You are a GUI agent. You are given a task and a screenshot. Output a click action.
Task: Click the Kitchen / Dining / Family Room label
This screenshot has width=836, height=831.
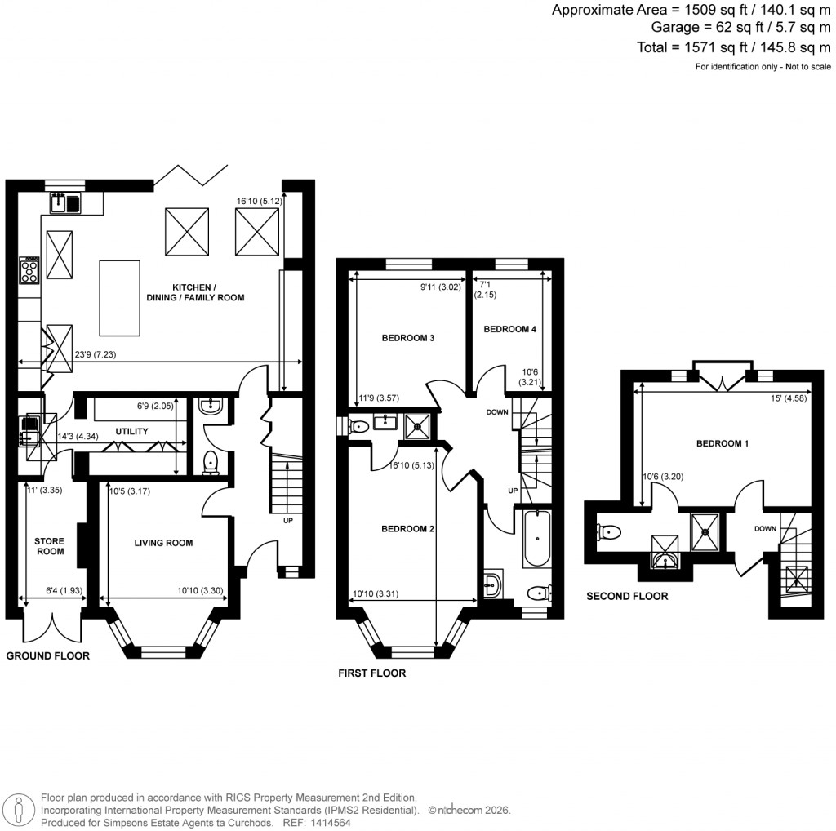[207, 292]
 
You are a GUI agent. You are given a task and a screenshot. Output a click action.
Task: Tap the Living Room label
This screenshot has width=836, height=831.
[164, 543]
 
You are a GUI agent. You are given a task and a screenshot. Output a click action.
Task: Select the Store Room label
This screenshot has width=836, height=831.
[49, 545]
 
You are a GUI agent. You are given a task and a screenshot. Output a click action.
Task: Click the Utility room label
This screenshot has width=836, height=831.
[130, 429]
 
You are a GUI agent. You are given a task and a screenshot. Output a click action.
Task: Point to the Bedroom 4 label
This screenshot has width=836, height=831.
[509, 330]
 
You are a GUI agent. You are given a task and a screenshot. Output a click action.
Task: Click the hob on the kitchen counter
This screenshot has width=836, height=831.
[29, 270]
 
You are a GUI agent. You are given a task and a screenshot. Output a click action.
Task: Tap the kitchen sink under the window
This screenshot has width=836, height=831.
[64, 201]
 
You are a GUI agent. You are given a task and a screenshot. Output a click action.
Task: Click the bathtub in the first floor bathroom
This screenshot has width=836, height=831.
[537, 540]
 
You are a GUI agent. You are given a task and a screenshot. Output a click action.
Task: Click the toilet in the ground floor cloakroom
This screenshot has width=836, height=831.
[211, 461]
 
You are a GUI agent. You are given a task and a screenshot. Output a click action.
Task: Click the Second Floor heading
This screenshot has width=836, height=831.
[627, 597]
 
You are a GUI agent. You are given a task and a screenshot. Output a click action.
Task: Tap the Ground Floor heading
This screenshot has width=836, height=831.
[47, 655]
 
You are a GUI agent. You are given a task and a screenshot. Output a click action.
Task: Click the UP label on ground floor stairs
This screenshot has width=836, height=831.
[287, 520]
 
